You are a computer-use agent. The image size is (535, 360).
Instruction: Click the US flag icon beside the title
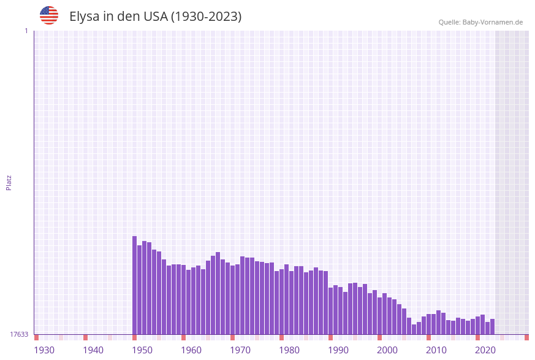point(49,15)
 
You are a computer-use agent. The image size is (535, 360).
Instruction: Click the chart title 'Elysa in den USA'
point(155,17)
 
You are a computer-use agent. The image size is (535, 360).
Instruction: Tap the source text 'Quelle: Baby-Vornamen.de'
point(480,22)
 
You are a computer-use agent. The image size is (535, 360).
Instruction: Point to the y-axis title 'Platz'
point(9,182)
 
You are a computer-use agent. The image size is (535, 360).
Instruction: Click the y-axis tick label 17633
point(19,334)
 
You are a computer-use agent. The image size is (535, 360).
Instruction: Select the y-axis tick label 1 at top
point(26,31)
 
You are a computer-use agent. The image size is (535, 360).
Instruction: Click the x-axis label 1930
point(44,350)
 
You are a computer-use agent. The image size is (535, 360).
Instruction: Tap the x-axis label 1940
point(93,350)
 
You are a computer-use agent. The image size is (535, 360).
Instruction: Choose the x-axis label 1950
point(142,350)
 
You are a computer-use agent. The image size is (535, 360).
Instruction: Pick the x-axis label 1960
point(191,350)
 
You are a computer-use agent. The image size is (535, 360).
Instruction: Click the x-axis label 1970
point(240,350)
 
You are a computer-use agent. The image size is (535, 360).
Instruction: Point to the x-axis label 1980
point(289,350)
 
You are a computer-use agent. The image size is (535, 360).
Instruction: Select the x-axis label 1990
point(338,350)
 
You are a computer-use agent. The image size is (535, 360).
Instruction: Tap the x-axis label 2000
point(387,350)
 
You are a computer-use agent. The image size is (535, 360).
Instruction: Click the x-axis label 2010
point(436,350)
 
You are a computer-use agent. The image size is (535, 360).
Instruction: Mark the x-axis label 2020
point(485,350)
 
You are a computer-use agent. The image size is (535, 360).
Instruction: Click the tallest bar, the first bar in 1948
point(135,285)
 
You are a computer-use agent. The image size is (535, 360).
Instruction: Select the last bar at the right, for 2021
point(492,326)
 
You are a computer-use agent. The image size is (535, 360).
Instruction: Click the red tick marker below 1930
point(37,337)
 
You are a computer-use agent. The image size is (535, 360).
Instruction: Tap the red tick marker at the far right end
point(526,337)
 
